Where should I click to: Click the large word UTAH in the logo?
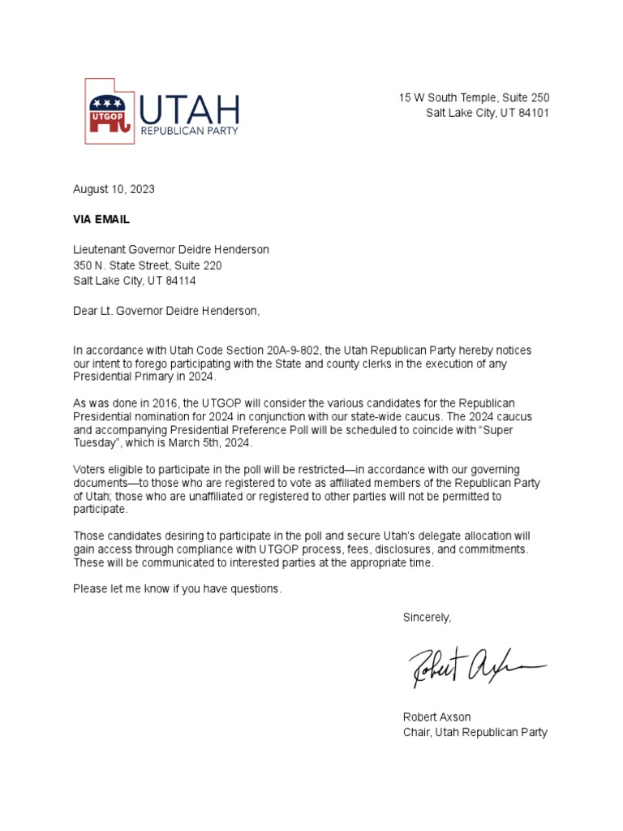(x=190, y=107)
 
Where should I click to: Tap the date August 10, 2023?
(x=114, y=189)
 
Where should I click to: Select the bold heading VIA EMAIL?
(x=101, y=219)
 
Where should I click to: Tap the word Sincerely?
(x=427, y=618)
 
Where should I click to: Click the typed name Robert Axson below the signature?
(x=436, y=717)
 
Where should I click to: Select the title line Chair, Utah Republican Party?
(x=475, y=732)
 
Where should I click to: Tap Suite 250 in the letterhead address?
(x=525, y=97)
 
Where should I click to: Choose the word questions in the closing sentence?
(x=254, y=588)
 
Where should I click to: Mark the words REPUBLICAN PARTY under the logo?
(x=190, y=131)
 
